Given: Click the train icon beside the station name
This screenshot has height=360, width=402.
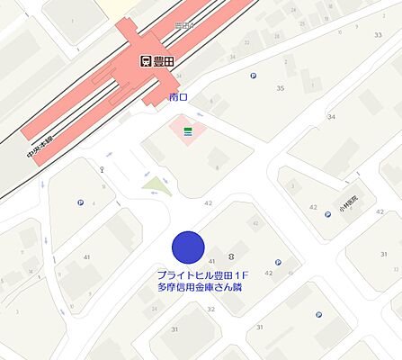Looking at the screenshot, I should point(147,62).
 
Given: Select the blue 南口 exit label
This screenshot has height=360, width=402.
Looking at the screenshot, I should point(178,95).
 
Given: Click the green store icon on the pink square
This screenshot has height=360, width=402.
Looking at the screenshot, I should point(188,131).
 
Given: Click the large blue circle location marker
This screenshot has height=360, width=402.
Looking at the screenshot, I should point(188,247).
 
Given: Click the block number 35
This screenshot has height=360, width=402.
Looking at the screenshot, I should point(280,88).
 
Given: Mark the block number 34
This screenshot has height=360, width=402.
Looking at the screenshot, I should point(331,118).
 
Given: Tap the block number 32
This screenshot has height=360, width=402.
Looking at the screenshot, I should point(211,309).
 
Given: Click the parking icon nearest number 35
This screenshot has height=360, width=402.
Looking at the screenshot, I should point(252,76).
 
